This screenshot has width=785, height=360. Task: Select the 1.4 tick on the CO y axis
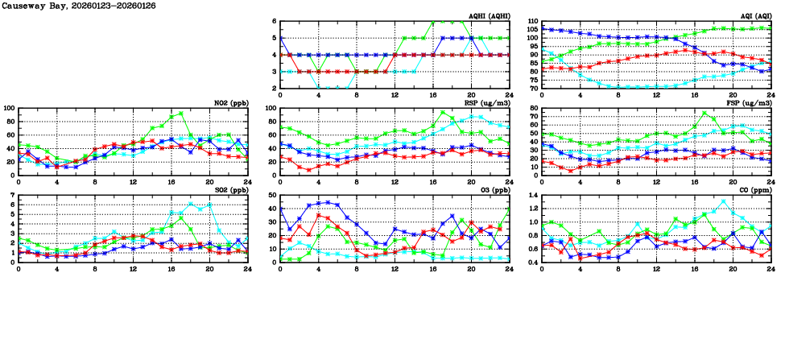pos(531,196)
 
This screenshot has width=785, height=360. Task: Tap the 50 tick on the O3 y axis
pos(271,196)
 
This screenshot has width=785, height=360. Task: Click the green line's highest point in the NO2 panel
pos(181,114)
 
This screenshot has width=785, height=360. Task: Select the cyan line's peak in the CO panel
pos(723,201)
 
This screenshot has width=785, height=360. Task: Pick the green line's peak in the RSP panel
pos(442,113)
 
